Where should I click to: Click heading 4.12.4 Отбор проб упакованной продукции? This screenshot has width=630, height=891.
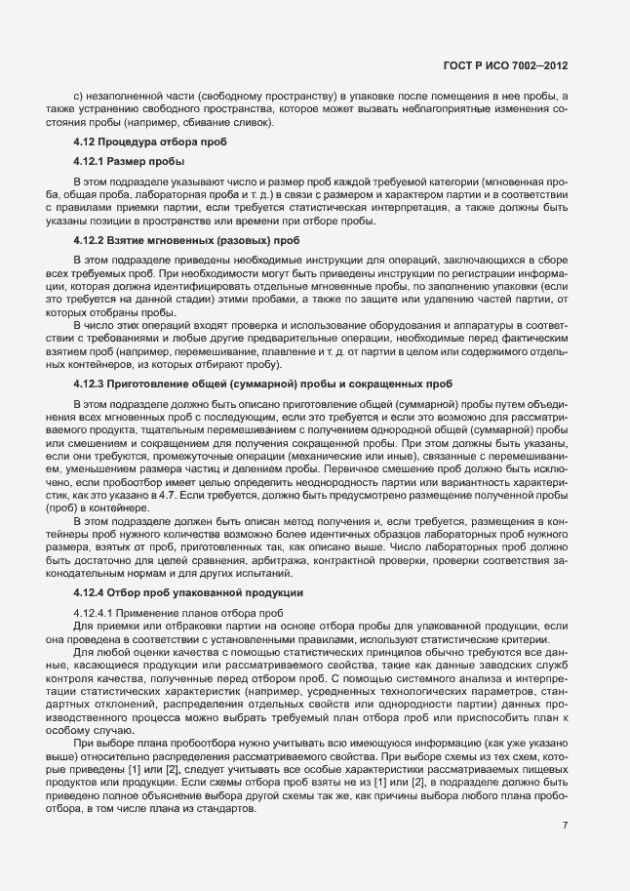coord(181,592)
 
